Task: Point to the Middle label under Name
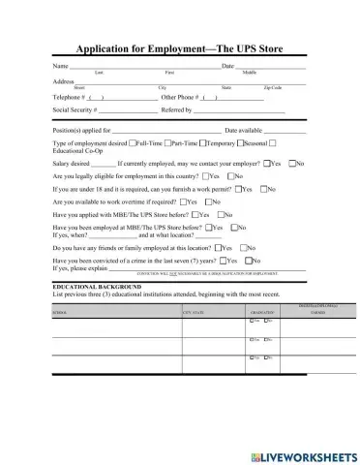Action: pyautogui.click(x=249, y=72)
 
